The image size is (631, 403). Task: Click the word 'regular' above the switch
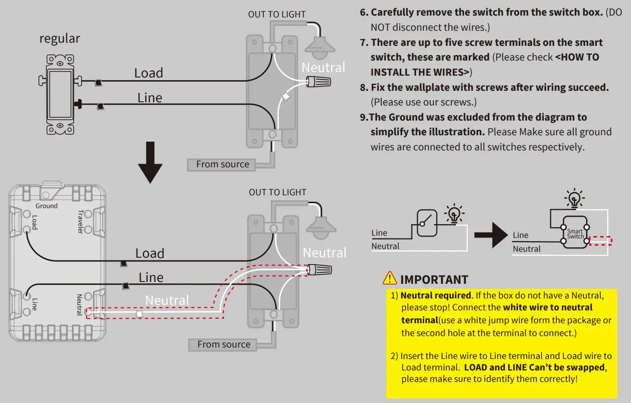[60, 39]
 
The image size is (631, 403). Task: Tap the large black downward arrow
[150, 163]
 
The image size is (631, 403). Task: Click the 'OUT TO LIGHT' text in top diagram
[277, 15]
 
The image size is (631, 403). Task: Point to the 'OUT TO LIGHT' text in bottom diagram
[277, 193]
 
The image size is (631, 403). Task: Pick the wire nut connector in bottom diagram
[319, 269]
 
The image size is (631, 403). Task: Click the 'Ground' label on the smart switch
[47, 206]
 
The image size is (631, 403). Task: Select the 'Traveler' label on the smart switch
[81, 222]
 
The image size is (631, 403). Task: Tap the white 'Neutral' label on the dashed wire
[167, 300]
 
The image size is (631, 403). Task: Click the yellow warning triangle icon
[390, 278]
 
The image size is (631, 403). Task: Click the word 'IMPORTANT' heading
[434, 280]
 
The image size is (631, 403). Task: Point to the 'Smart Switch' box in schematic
[575, 233]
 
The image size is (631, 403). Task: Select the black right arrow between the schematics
[490, 235]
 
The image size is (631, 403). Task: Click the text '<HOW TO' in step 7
[577, 57]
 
